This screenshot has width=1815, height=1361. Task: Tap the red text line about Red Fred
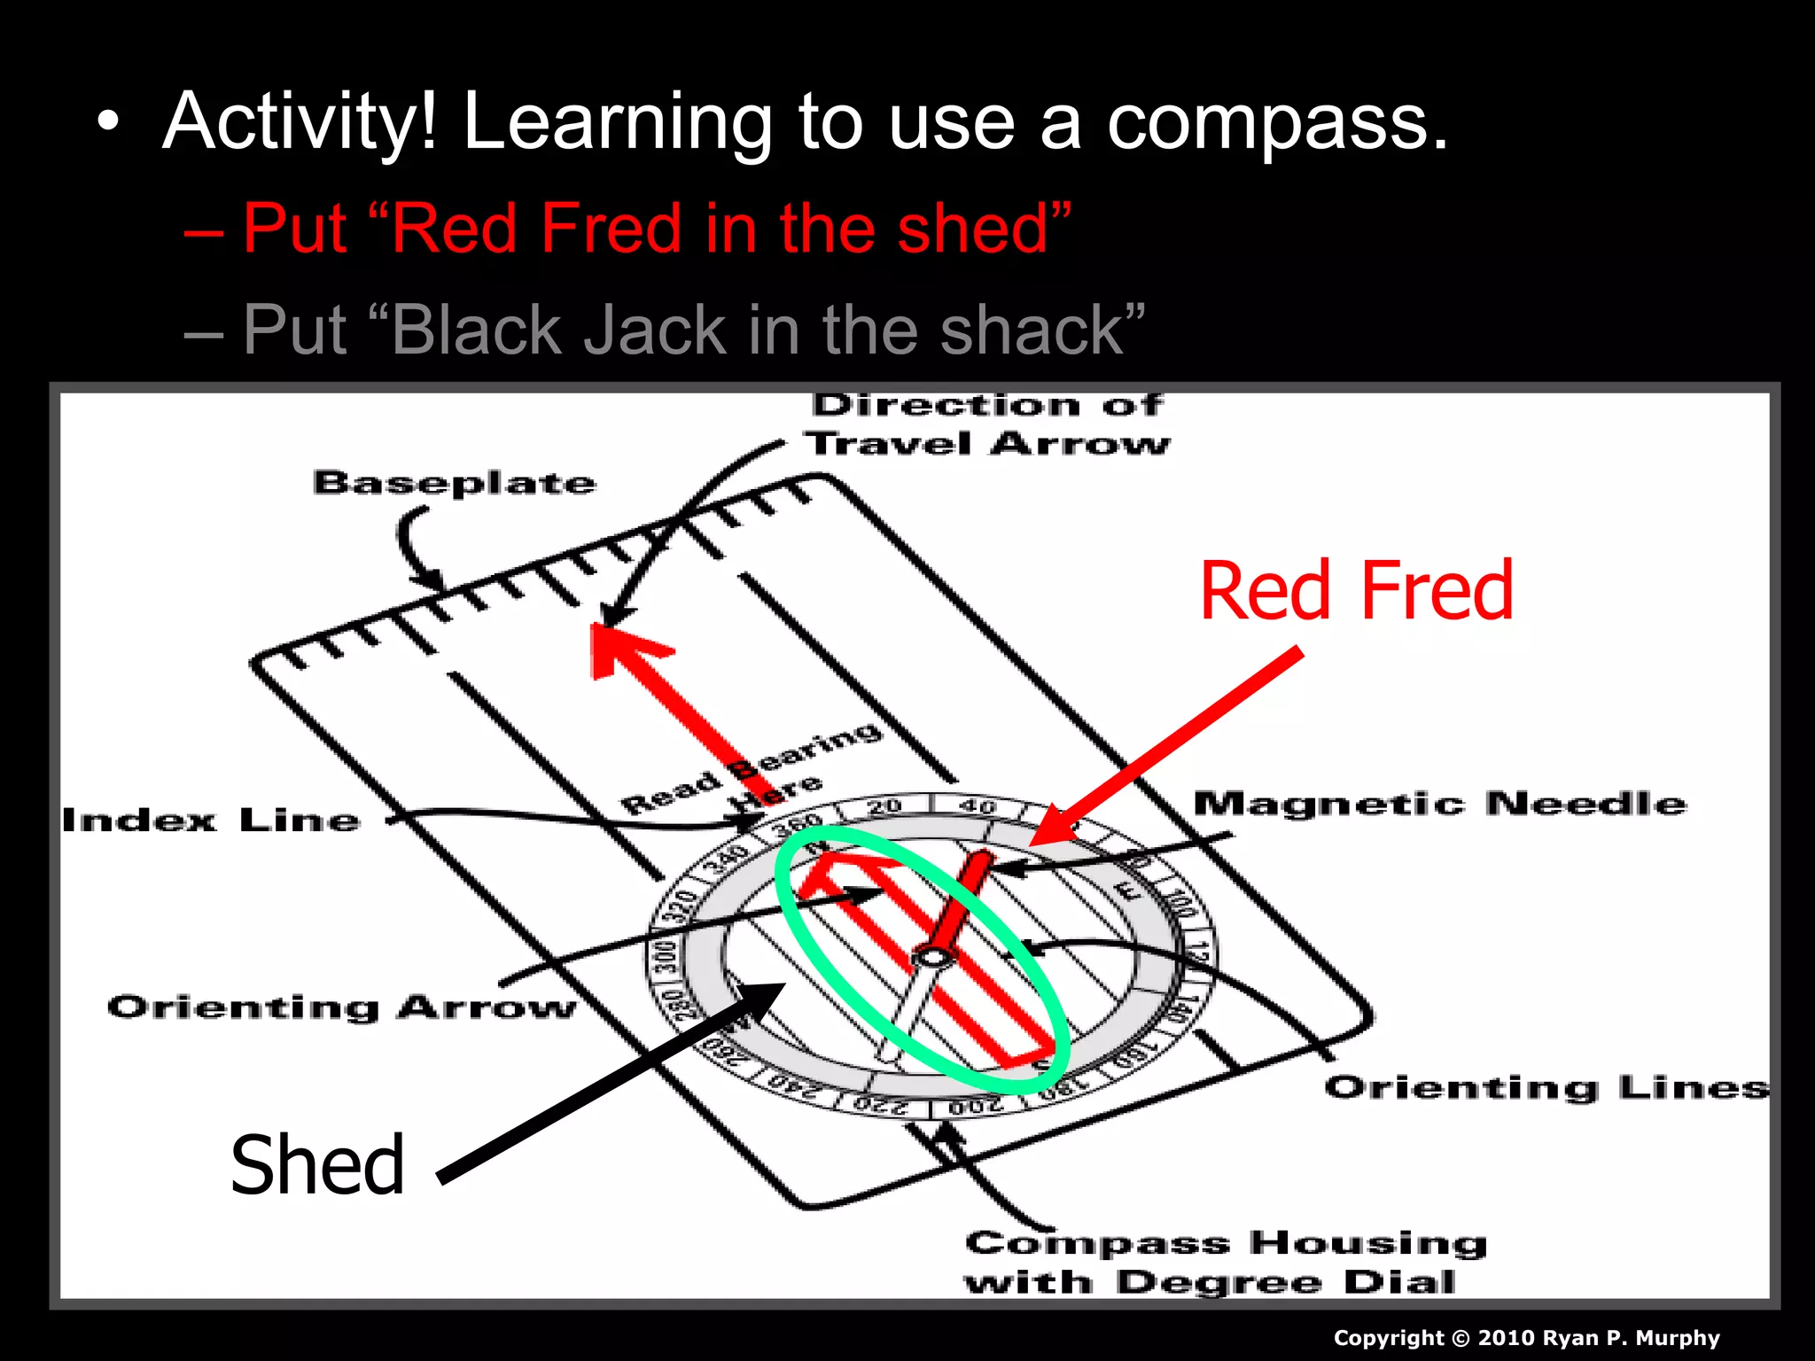(x=656, y=229)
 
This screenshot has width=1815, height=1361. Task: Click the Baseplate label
(x=455, y=483)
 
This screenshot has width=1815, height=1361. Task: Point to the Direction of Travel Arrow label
(x=988, y=424)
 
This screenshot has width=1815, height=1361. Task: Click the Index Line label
(x=211, y=820)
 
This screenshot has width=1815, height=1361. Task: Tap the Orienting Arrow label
(x=341, y=1007)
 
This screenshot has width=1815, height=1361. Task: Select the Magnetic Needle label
(x=1439, y=803)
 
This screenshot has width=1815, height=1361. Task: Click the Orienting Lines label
(x=1546, y=1086)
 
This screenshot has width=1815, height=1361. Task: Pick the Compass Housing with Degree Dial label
(x=1223, y=1262)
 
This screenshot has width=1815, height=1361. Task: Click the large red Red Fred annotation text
(x=1356, y=591)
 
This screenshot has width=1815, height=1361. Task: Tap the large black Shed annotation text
(x=317, y=1164)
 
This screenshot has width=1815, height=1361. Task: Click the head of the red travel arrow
(x=620, y=651)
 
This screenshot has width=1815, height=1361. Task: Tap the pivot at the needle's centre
(x=932, y=957)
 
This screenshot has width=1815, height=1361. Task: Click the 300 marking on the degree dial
(x=666, y=957)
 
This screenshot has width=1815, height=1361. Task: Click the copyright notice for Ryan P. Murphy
(x=1526, y=1337)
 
